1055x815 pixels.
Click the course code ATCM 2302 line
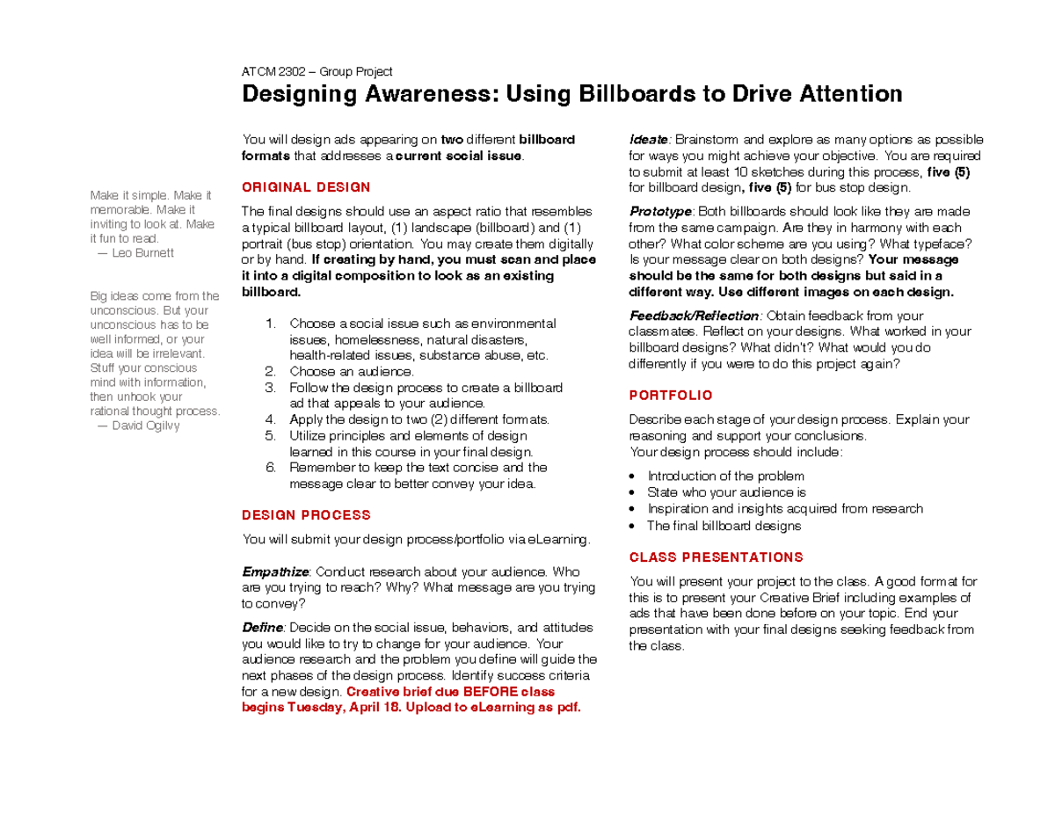pos(316,71)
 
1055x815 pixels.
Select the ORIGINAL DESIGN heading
pos(306,187)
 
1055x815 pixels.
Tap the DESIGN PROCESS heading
pos(306,515)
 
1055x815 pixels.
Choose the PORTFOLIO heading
pos(671,396)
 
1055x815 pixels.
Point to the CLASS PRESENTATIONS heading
pos(716,557)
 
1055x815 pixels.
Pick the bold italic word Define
pos(262,628)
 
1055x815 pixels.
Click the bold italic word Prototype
pos(661,212)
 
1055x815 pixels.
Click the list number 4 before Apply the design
pos(271,419)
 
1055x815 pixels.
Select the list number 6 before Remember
pos(271,468)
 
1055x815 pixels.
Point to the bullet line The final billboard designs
pos(724,526)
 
